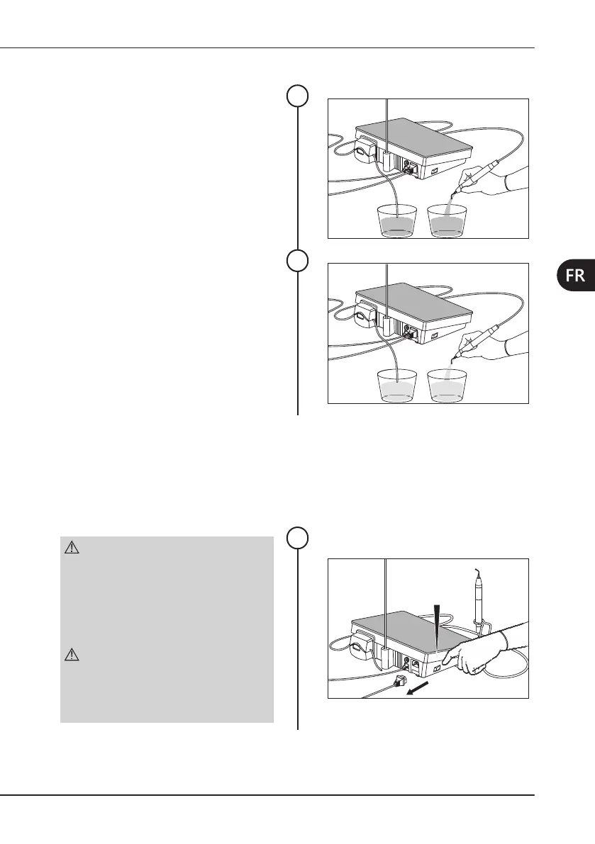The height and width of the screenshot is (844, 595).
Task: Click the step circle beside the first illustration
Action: coord(298,96)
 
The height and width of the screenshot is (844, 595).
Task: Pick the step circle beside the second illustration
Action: coord(298,261)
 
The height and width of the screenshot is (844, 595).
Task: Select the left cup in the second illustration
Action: coord(396,386)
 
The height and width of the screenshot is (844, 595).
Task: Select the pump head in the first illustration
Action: coord(367,152)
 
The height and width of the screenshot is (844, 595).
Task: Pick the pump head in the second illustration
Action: coord(367,316)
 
